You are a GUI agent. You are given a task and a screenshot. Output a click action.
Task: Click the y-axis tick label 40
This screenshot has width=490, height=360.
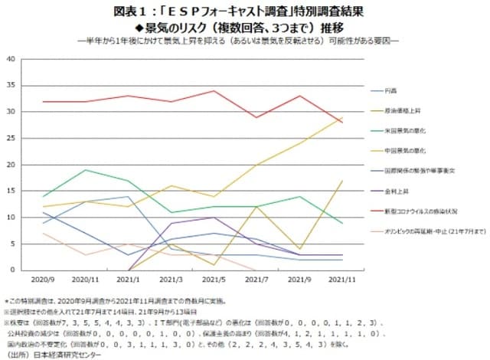point(11,59)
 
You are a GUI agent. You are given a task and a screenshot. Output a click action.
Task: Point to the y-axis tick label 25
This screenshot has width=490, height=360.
point(11,138)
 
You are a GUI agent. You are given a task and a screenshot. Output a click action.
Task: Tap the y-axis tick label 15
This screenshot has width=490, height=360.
point(11,191)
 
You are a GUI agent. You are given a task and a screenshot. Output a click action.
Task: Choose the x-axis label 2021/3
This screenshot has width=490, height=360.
point(171,280)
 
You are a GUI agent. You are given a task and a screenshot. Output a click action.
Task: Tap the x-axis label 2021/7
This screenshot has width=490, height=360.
point(256,280)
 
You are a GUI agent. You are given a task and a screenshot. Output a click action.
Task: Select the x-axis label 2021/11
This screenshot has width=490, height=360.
point(340,280)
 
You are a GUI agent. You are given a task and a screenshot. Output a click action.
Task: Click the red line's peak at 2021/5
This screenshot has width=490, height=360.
point(214,91)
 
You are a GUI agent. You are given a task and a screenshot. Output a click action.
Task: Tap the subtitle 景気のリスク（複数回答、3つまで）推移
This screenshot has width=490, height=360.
point(244,28)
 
